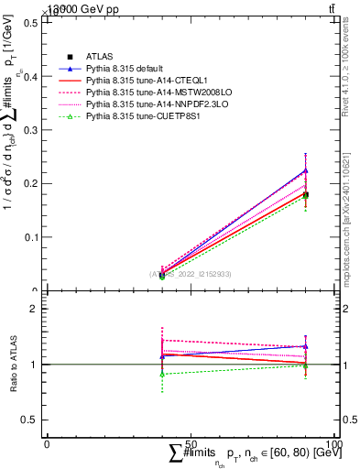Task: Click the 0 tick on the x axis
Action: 47,444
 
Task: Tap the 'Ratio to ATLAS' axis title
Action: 13,365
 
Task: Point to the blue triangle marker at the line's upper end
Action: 306,170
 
